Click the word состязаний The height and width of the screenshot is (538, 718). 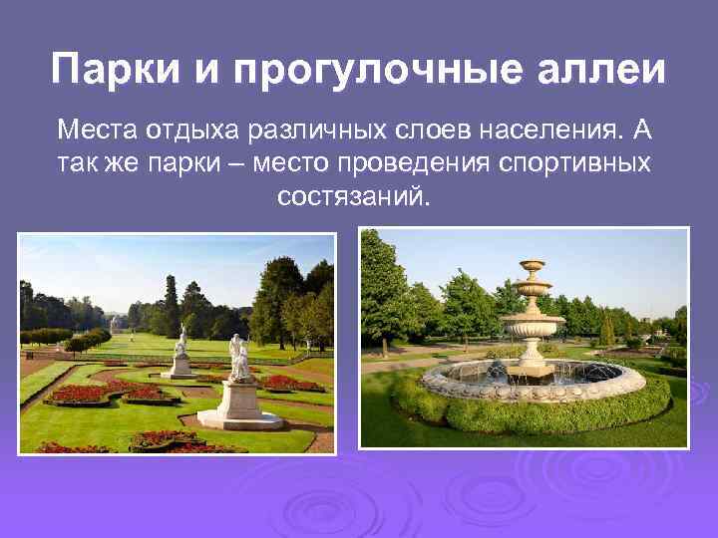click(355, 195)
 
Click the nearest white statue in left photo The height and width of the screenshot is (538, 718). click(239, 356)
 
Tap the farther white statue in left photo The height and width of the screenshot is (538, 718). click(180, 342)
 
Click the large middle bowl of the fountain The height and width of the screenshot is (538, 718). click(533, 324)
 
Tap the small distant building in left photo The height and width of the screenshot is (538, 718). click(119, 324)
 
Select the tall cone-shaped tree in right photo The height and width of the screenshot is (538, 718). click(608, 329)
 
